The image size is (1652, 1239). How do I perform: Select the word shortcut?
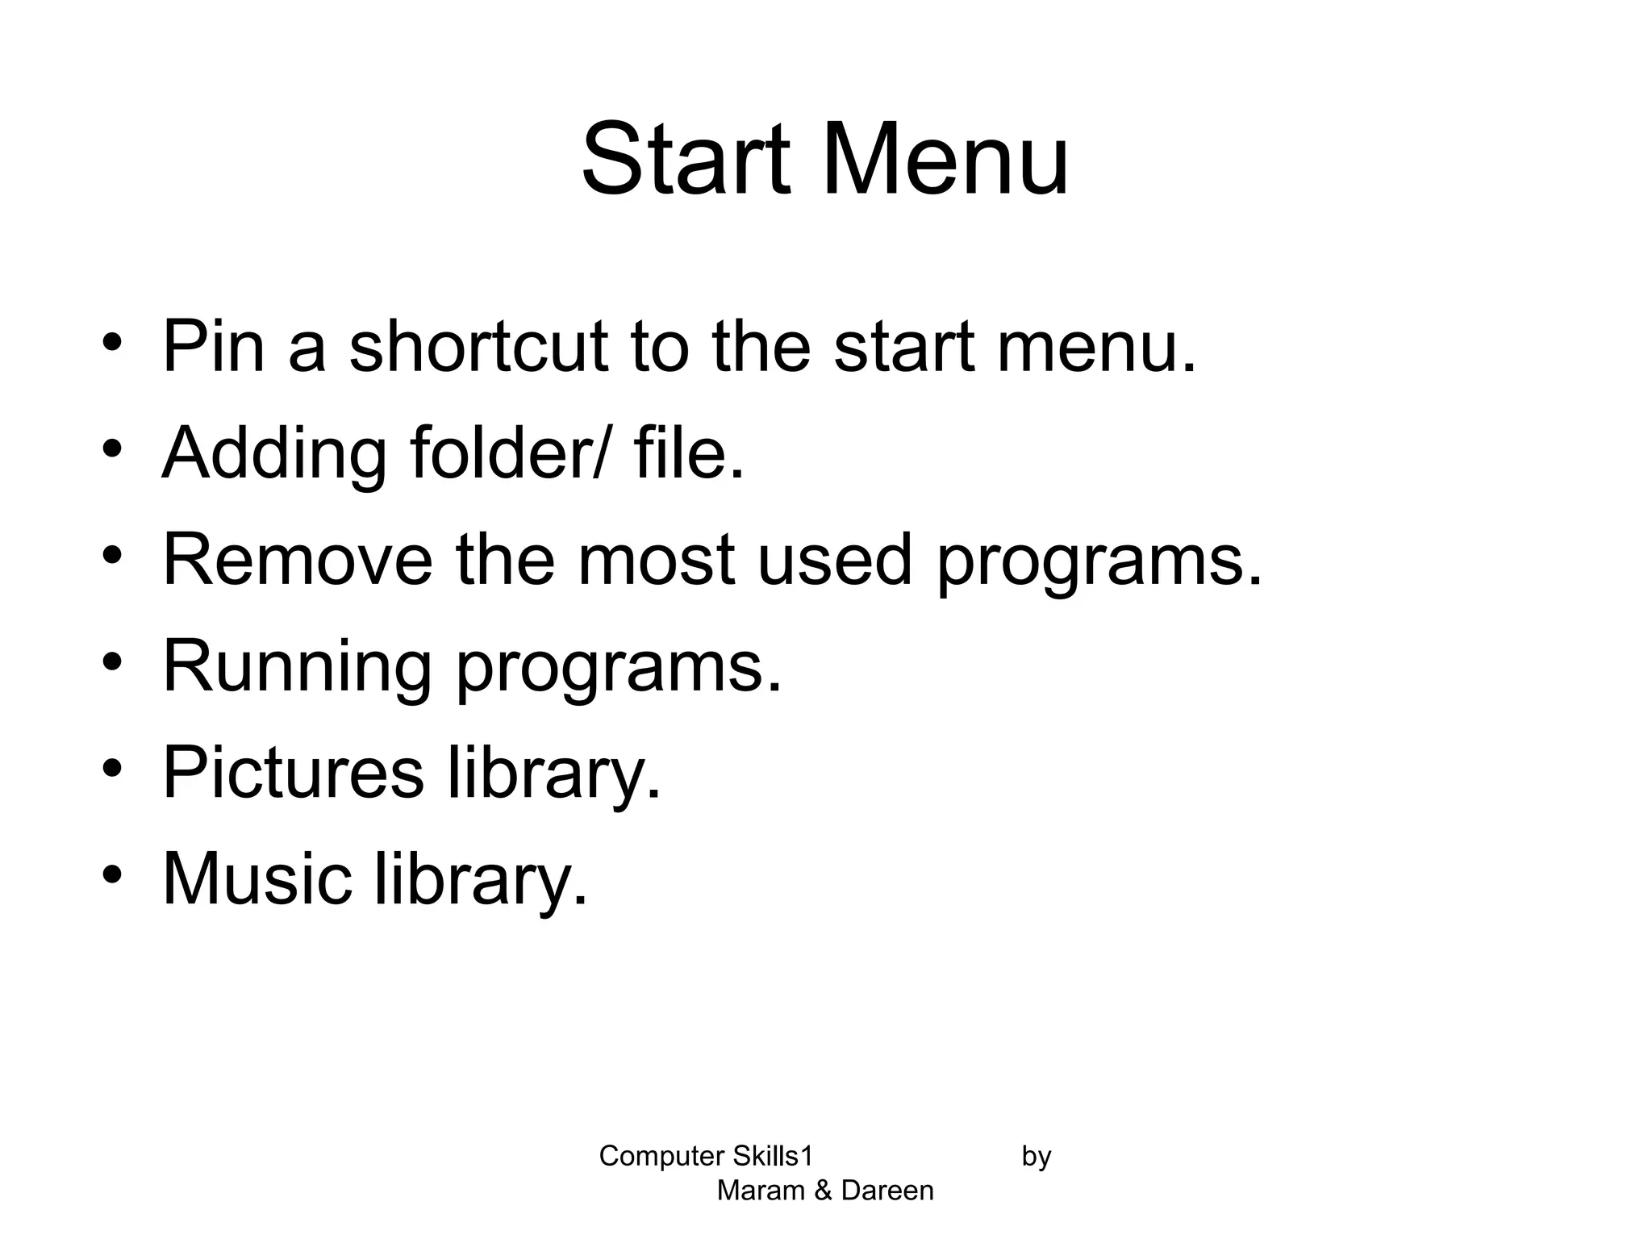pyautogui.click(x=478, y=347)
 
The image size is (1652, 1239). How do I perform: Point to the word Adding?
pyautogui.click(x=274, y=454)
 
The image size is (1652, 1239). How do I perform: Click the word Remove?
pyautogui.click(x=298, y=560)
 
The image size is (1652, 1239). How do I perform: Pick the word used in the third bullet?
pyautogui.click(x=834, y=560)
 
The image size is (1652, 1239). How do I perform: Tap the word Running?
pyautogui.click(x=297, y=668)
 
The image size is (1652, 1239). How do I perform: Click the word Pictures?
pyautogui.click(x=293, y=773)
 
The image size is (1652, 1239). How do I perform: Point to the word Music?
pyautogui.click(x=257, y=879)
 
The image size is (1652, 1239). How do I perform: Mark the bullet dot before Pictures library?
pyautogui.click(x=112, y=767)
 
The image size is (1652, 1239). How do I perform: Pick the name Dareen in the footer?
pyautogui.click(x=887, y=1191)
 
